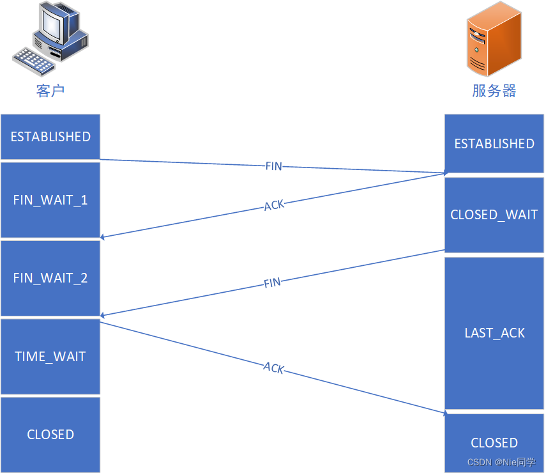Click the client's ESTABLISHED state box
tap(50, 137)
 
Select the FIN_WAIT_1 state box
tap(50, 200)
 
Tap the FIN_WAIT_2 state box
tap(50, 278)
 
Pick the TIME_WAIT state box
tap(50, 357)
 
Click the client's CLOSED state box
tap(50, 435)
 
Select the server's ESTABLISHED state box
tap(494, 144)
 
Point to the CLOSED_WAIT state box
tap(494, 215)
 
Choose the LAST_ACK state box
tap(494, 333)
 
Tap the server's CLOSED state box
tap(494, 442)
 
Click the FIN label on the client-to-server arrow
tap(273, 166)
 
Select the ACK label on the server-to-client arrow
tap(274, 206)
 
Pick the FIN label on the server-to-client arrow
tap(273, 283)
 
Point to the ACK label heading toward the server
tap(273, 368)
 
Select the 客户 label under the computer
tap(50, 91)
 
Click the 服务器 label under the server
tap(494, 91)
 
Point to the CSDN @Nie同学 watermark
tap(501, 462)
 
